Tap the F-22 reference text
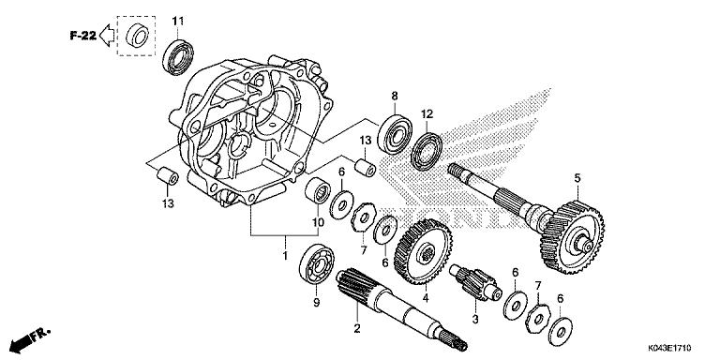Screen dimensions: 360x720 (82, 37)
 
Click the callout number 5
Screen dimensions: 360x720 (577, 178)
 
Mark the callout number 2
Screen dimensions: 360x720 (356, 328)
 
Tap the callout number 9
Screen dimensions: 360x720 (316, 304)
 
